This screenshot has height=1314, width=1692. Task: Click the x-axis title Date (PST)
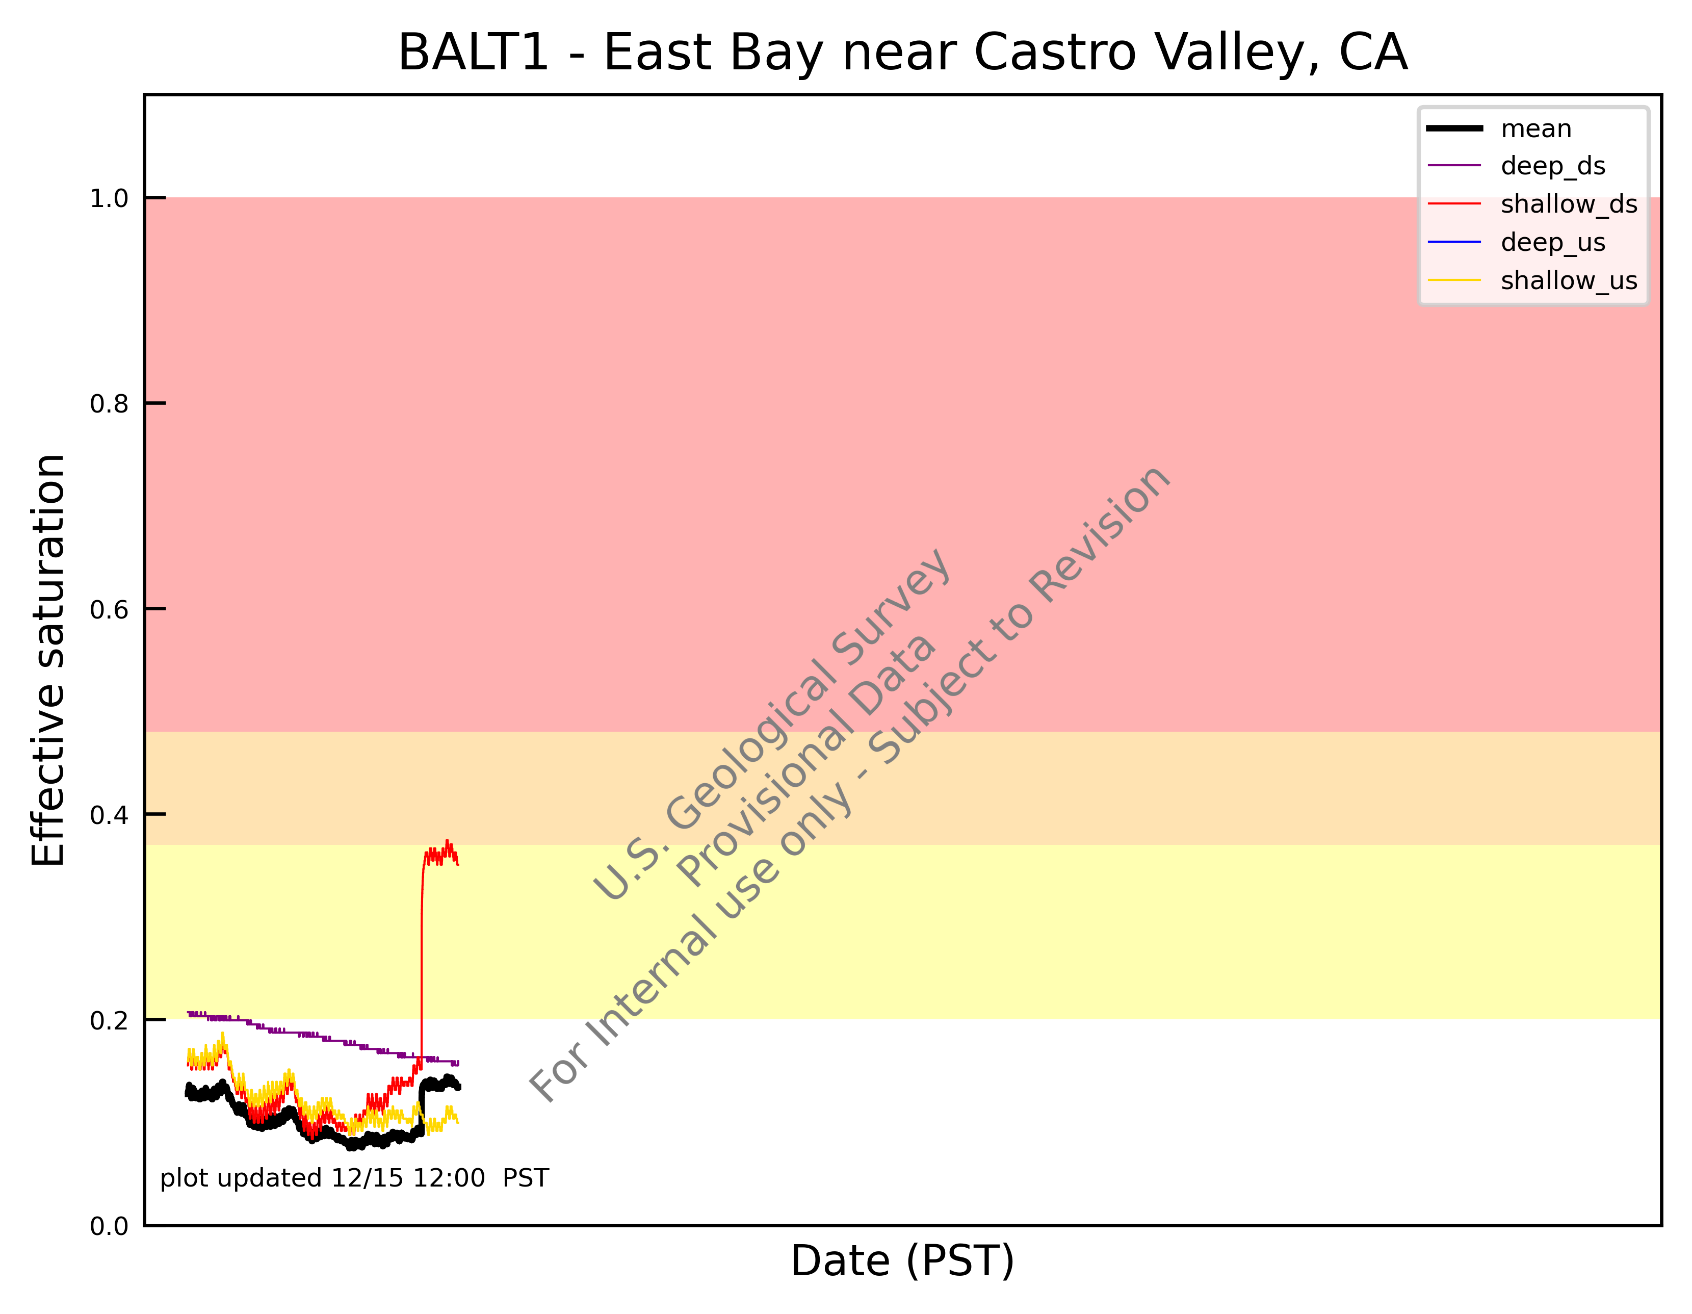tap(902, 1261)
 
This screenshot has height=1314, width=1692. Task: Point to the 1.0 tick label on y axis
tap(109, 199)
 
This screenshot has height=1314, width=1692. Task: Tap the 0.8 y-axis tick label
tap(109, 404)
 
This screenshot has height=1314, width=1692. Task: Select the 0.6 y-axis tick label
tap(109, 610)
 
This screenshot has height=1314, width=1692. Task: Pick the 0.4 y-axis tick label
tap(109, 815)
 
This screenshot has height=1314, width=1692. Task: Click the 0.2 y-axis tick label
tap(109, 1020)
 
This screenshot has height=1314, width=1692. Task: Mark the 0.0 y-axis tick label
tap(109, 1226)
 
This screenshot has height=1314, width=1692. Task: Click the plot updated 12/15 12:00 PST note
tap(354, 1178)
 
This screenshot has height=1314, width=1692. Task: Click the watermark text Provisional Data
tap(805, 759)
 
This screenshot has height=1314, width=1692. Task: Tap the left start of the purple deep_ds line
tap(188, 1013)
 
